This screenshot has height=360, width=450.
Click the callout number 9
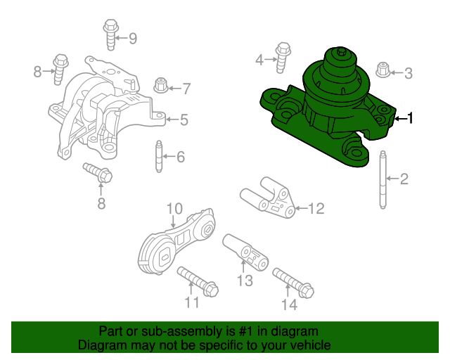pos(132,38)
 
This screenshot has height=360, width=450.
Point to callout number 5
pos(184,120)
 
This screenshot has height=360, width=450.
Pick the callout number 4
pos(259,60)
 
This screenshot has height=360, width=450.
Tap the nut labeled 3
pos(383,70)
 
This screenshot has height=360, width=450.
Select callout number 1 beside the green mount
pos(411,119)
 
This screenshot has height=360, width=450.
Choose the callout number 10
pos(174,209)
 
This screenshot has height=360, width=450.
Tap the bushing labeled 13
pos(245,254)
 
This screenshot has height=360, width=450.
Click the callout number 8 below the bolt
pos(101,204)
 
